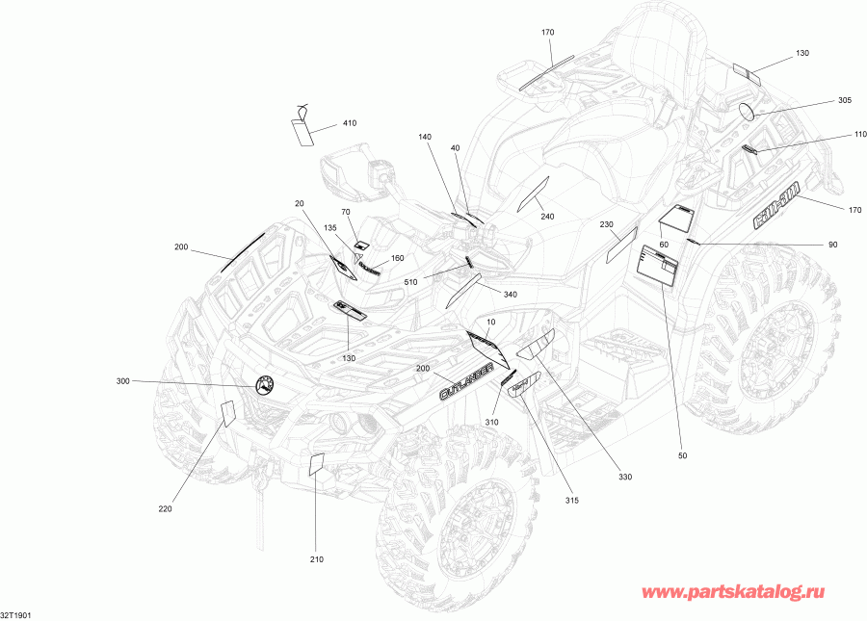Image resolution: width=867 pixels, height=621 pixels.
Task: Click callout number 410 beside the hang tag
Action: pyautogui.click(x=348, y=123)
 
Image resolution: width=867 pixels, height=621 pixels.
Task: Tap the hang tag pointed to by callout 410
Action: pyautogui.click(x=304, y=130)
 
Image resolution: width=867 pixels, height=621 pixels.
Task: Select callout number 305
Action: pyautogui.click(x=844, y=100)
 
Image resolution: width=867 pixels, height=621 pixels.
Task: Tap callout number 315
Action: pyautogui.click(x=572, y=500)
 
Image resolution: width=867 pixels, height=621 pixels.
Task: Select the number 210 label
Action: pyautogui.click(x=317, y=559)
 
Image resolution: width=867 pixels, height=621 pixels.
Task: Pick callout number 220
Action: pyautogui.click(x=165, y=509)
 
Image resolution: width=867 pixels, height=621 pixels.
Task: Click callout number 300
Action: pyautogui.click(x=122, y=382)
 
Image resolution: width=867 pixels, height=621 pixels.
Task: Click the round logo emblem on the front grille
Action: pyautogui.click(x=265, y=385)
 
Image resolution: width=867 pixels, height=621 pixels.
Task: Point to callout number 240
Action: pyautogui.click(x=547, y=217)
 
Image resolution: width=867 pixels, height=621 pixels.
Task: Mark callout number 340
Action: pyautogui.click(x=510, y=295)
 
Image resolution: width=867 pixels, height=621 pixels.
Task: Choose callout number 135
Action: pyautogui.click(x=330, y=228)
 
